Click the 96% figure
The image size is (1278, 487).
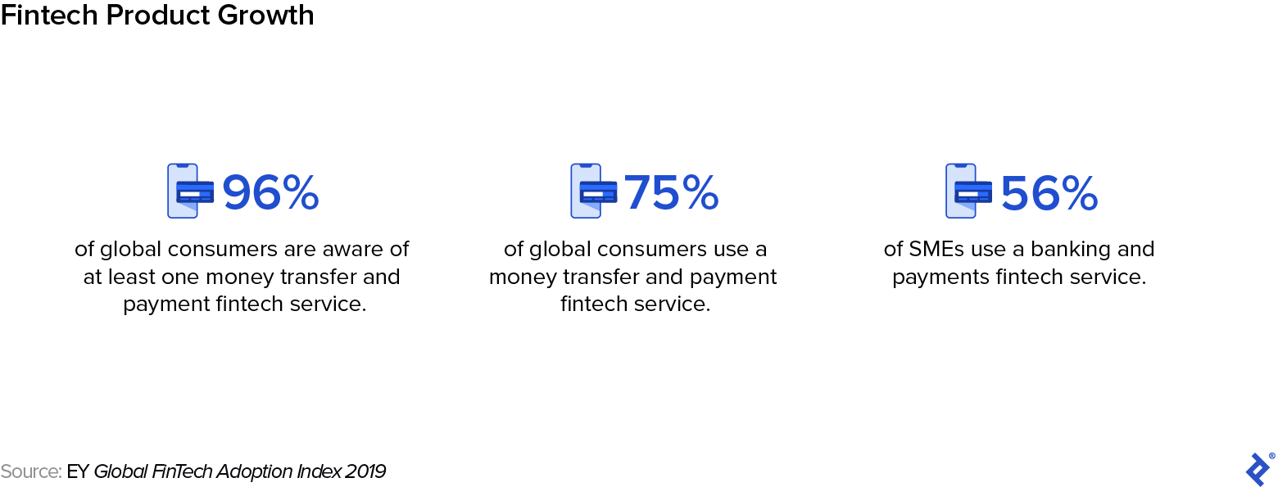270,193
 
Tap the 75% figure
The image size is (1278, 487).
672,193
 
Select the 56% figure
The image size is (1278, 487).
1049,193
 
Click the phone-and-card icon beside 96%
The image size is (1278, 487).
190,191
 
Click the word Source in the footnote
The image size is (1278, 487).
29,471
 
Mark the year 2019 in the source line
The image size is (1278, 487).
365,471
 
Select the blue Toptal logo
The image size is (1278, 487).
1258,469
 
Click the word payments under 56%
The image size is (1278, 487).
940,277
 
